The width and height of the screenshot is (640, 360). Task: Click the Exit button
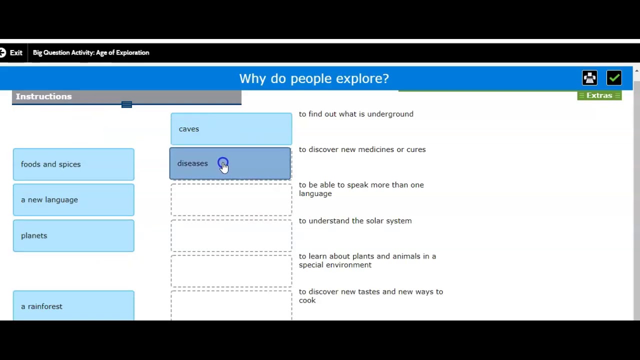(x=11, y=52)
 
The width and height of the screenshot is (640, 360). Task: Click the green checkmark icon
(x=614, y=78)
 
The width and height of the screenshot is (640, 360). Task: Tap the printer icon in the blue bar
(x=589, y=78)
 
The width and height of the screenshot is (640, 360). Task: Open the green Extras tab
(x=599, y=95)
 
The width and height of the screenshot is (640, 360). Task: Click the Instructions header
(x=44, y=96)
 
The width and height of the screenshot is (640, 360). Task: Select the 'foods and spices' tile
(x=73, y=164)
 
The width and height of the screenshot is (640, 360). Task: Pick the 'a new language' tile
(x=73, y=200)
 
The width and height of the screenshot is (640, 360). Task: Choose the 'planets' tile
(x=73, y=235)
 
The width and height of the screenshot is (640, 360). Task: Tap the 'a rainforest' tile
(x=73, y=305)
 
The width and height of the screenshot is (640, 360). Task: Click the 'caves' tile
(x=231, y=129)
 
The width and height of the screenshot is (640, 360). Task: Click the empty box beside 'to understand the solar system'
(x=231, y=235)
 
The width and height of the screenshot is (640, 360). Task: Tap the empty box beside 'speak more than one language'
(x=231, y=200)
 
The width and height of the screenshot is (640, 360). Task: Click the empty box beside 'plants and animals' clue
(x=231, y=271)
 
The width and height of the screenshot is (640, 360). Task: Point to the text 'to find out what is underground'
(x=356, y=114)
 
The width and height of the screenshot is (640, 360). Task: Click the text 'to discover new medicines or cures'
(x=362, y=149)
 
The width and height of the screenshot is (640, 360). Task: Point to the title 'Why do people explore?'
(x=314, y=78)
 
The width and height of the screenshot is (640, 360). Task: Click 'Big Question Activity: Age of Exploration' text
(x=91, y=52)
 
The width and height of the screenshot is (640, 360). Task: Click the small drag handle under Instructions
(x=126, y=104)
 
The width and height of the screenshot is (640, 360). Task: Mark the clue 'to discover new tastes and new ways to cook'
(x=370, y=295)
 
